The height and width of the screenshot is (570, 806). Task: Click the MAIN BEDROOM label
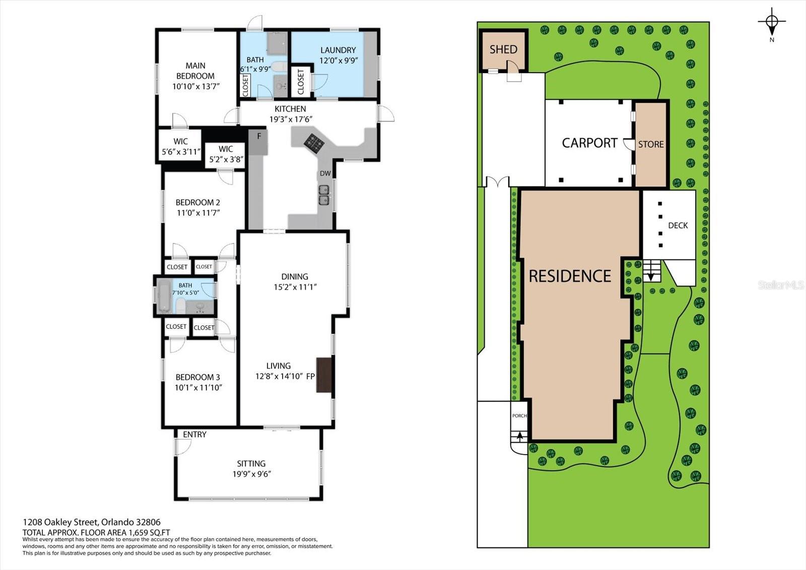(195, 71)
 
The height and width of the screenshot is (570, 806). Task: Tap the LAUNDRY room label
(338, 50)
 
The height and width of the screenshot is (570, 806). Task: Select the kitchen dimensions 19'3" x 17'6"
(291, 119)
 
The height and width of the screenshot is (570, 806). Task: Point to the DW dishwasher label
(325, 173)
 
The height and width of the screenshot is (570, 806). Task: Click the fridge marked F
(258, 142)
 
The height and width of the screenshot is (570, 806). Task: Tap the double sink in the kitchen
(324, 195)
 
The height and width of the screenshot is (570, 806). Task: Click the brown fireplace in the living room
(324, 375)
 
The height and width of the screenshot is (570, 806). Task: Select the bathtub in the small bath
(164, 298)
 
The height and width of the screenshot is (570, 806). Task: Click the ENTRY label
(194, 434)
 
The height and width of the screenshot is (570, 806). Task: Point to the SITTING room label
(251, 464)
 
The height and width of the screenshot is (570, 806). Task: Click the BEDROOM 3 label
(197, 377)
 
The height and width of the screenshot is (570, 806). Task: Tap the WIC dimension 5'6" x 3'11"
(181, 152)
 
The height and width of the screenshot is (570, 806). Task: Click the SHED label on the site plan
(503, 49)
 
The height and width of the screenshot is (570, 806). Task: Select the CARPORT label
(590, 143)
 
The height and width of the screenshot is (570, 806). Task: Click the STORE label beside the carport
(651, 145)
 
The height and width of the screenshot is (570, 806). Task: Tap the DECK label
(678, 225)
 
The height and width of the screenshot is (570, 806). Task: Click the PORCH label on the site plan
(519, 415)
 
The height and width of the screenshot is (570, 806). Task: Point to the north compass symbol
(772, 22)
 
